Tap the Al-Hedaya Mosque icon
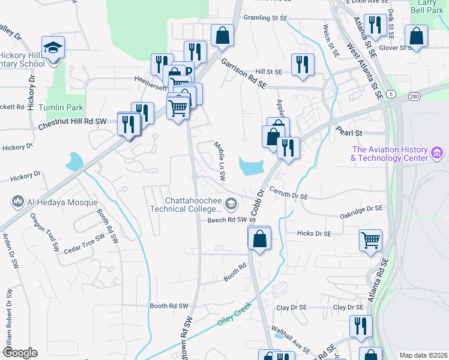pyautogui.click(x=17, y=201)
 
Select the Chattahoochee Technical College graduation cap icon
pyautogui.click(x=230, y=206)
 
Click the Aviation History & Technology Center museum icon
pyautogui.click(x=438, y=154)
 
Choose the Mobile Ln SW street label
pyautogui.click(x=220, y=161)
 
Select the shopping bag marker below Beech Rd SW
pyautogui.click(x=259, y=239)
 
